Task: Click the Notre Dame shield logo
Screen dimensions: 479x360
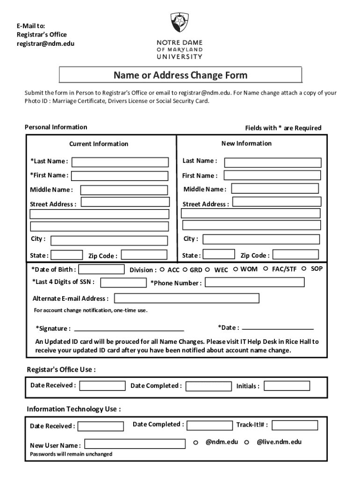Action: point(180,22)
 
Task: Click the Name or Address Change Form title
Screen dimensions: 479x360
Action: point(180,75)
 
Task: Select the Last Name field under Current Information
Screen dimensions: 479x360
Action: point(120,162)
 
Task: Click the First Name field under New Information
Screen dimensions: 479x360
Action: point(272,175)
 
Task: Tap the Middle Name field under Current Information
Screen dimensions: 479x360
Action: point(123,190)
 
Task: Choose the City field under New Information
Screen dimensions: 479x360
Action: point(261,239)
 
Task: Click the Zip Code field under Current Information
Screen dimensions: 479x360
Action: point(144,255)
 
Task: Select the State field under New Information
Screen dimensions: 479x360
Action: point(218,254)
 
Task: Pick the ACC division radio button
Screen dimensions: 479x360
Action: point(162,270)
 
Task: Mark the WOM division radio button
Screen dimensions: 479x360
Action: point(236,269)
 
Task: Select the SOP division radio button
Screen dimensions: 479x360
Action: point(304,269)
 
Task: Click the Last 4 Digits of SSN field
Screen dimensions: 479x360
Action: point(123,282)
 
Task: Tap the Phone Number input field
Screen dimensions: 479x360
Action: point(254,283)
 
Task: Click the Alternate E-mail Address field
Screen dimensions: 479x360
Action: point(187,298)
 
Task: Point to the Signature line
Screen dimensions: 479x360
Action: point(129,328)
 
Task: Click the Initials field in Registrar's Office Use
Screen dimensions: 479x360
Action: point(287,386)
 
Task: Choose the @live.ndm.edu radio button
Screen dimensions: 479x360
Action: point(246,443)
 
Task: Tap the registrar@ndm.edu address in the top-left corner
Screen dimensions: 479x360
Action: point(45,44)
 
